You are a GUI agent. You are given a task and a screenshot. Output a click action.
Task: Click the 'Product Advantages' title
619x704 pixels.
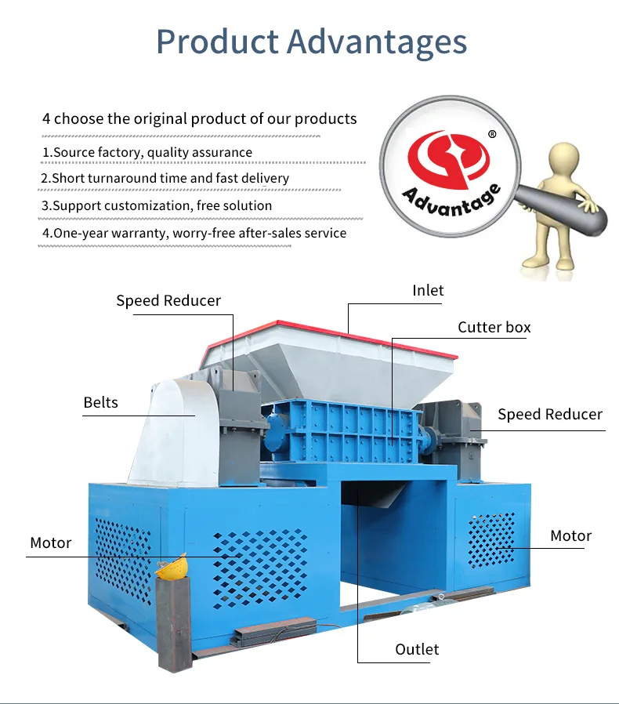point(311,42)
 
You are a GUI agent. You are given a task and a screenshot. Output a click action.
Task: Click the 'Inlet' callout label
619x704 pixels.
point(428,290)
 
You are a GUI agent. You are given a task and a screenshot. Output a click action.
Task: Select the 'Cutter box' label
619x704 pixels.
point(494,327)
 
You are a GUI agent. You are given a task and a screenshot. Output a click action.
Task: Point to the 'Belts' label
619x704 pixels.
point(100,402)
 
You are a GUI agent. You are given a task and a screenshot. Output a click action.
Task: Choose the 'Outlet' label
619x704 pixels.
point(417,649)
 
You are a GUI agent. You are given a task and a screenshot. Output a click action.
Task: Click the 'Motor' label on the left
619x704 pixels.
point(50,543)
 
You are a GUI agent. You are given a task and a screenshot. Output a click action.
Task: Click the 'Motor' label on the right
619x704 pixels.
point(570,535)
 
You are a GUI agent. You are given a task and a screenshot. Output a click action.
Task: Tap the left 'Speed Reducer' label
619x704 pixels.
point(168,301)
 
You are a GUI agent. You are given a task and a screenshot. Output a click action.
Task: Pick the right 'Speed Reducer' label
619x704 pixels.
point(550,414)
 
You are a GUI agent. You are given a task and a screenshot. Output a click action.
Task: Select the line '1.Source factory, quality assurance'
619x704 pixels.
point(147,152)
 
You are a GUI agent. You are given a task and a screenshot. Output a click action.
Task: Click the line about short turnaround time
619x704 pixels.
point(165,178)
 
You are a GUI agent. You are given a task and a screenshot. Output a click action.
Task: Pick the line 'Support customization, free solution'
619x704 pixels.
point(157,205)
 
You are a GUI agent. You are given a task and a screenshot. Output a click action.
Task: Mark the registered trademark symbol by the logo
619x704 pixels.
point(492,134)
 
